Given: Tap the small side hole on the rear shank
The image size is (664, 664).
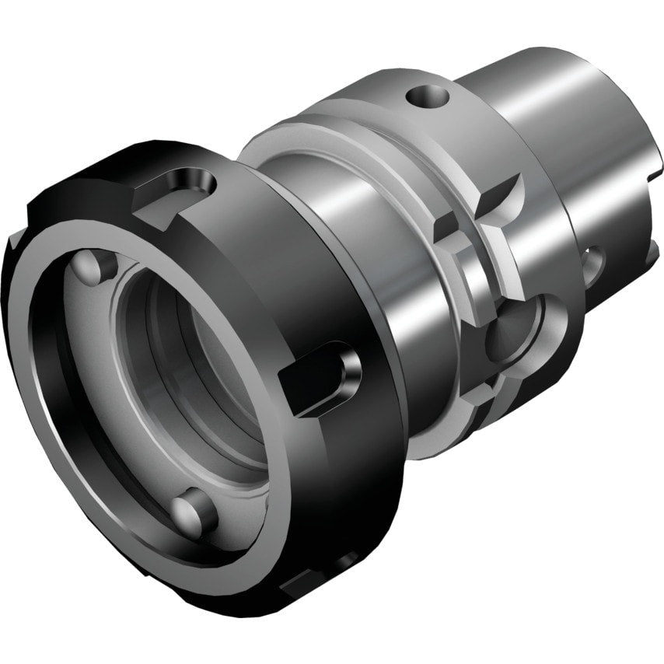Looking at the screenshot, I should (592, 262).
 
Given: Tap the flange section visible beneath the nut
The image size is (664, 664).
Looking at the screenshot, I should (435, 435).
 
